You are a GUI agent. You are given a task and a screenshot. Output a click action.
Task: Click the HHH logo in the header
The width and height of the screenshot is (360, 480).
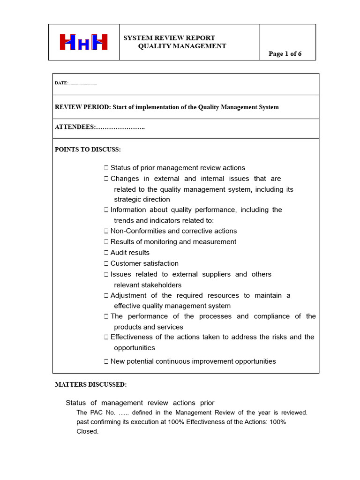coord(83,42)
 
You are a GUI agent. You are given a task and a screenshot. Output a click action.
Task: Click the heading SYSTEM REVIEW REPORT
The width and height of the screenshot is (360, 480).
coord(169,38)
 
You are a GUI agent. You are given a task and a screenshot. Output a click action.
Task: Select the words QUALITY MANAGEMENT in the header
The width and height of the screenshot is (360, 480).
coord(182,46)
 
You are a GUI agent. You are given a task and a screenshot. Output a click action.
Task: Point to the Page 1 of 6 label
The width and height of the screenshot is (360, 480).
coord(285,54)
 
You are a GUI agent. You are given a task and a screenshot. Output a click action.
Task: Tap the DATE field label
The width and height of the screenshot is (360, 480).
coord(61,83)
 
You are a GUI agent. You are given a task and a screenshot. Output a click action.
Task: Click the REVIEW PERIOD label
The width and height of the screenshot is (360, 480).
coord(82,107)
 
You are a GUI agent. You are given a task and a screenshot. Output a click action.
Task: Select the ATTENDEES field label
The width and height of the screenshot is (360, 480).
coord(75,127)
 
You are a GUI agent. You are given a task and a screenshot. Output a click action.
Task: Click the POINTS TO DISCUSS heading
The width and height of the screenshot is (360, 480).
coord(88,150)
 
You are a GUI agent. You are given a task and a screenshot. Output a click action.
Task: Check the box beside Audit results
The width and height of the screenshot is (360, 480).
coord(106,253)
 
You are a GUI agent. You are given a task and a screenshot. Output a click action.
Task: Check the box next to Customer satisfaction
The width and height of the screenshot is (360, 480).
coord(106,263)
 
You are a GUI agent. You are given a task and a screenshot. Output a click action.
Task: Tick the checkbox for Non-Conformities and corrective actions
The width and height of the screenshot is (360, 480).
coord(106,231)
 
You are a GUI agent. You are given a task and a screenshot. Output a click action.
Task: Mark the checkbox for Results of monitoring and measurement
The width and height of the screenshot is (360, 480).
coord(106,242)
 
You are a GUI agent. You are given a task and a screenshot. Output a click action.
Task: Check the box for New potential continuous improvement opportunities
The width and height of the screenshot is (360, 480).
coord(106,361)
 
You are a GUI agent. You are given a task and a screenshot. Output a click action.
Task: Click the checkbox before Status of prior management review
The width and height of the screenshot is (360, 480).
coord(106,168)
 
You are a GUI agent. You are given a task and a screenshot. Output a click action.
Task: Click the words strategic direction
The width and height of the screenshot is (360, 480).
coord(142,199)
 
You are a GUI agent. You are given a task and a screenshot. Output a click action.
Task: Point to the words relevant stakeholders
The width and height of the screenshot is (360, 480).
coord(148,285)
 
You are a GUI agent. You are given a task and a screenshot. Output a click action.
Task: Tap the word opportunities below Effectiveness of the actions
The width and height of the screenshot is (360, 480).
coord(135,348)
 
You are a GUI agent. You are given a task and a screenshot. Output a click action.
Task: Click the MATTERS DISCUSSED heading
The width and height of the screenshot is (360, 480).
coord(91,385)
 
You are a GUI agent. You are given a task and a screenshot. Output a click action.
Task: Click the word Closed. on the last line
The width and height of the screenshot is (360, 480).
coord(87,431)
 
